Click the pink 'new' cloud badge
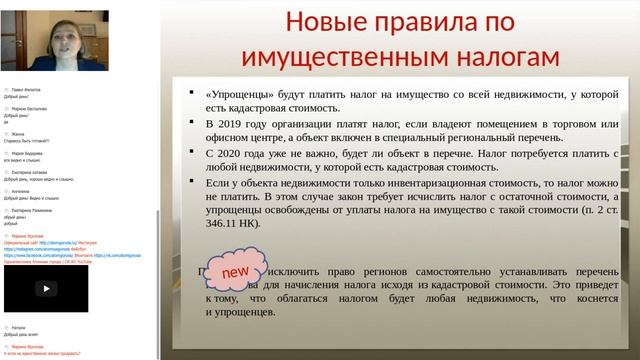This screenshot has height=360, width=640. tap(234, 272)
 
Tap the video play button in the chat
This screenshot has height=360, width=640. tap(44, 287)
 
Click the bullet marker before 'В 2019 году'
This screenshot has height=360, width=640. tap(190, 121)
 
